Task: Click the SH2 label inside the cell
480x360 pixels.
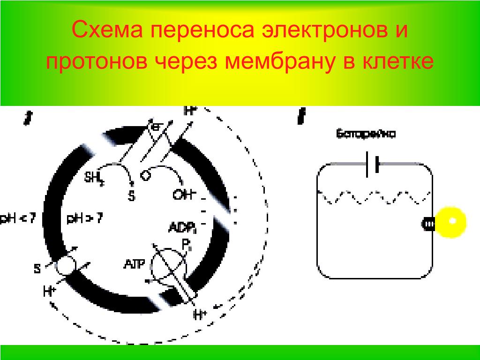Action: click(x=94, y=178)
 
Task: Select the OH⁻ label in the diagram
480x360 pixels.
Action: click(x=184, y=194)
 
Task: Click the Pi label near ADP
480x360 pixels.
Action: click(x=186, y=244)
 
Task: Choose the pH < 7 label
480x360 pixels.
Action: click(x=18, y=218)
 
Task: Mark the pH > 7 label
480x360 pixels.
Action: click(x=85, y=218)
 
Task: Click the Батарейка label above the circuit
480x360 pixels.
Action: click(x=366, y=135)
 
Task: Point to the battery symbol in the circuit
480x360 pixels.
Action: click(x=372, y=164)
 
